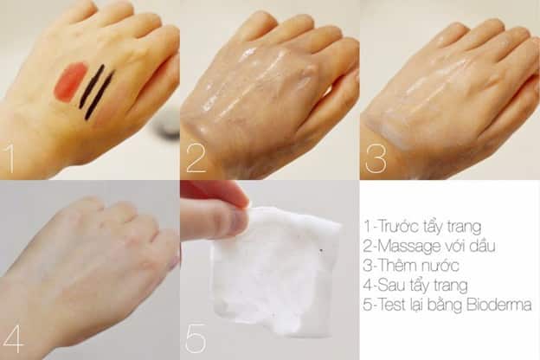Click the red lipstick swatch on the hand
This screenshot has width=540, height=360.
point(69,82)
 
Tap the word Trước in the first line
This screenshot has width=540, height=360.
point(396,227)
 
